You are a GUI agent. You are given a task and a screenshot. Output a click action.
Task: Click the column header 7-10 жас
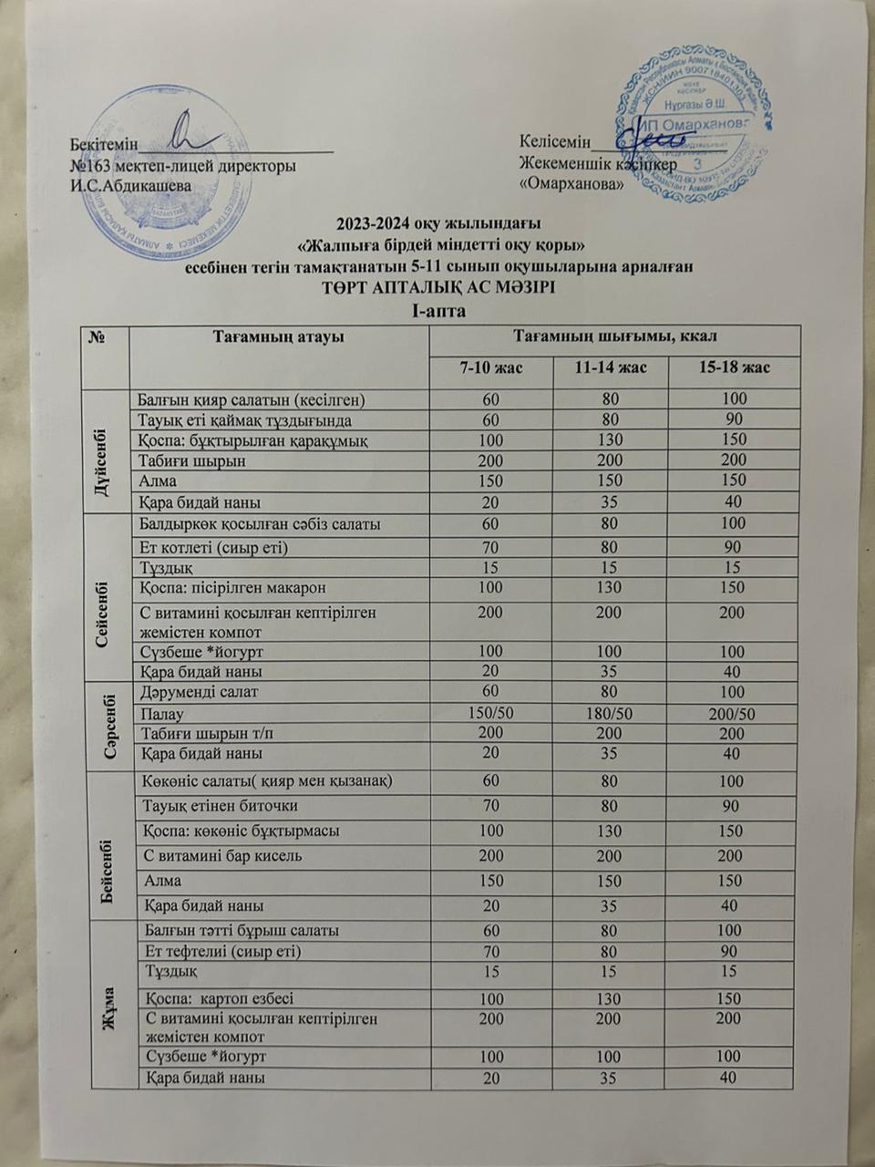pyautogui.click(x=490, y=367)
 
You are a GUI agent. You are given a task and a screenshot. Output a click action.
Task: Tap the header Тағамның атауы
pyautogui.click(x=278, y=337)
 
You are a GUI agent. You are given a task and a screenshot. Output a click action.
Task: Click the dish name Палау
pyautogui.click(x=162, y=714)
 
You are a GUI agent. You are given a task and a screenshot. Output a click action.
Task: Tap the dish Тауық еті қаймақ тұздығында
pyautogui.click(x=244, y=420)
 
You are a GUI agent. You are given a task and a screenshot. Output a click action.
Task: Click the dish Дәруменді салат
pyautogui.click(x=199, y=692)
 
